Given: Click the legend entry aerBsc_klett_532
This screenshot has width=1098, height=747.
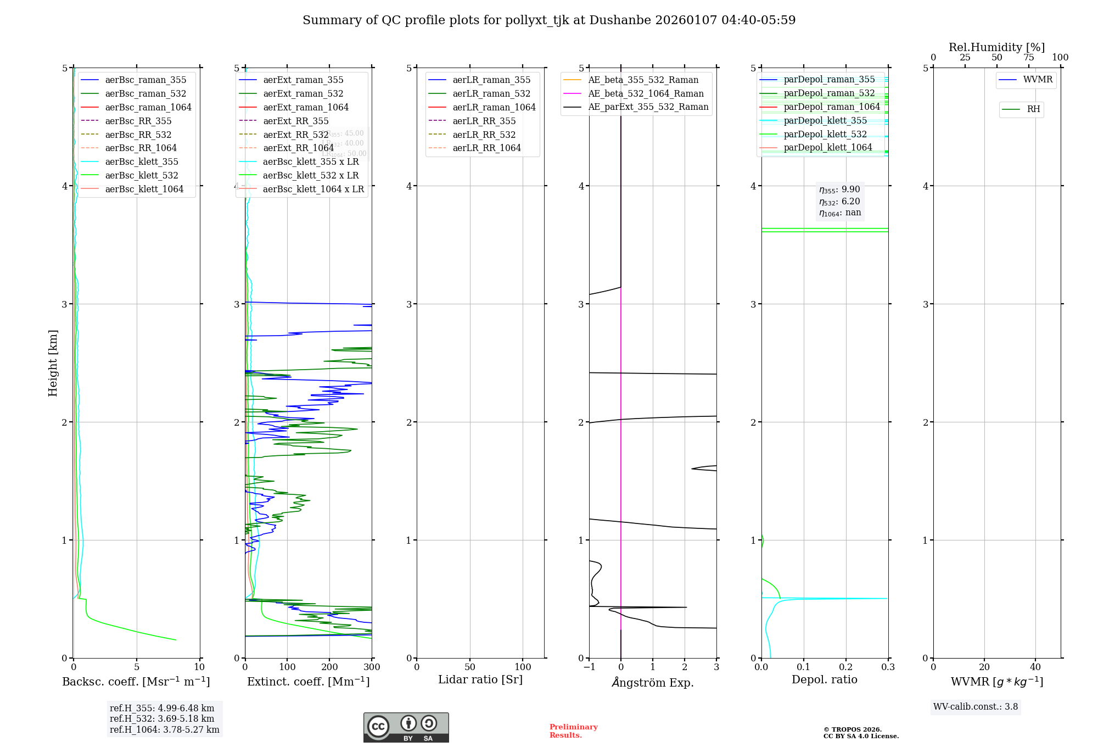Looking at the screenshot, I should (142, 176).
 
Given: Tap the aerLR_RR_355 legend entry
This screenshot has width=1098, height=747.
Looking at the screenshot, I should (484, 121).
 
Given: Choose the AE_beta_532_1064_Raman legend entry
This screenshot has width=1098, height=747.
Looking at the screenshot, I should (646, 94).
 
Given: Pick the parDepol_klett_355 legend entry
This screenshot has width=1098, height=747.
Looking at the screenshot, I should (825, 121).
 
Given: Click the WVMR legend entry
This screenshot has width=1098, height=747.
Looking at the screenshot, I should (1038, 80).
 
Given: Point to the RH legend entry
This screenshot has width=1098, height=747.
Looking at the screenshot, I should (1033, 110).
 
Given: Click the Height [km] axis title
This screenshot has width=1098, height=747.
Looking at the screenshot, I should (53, 363).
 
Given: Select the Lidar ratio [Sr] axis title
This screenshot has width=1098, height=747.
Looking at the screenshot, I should (480, 680).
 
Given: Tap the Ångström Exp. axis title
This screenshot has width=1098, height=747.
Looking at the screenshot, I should (653, 683).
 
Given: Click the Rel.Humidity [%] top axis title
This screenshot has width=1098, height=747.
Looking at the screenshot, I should (996, 47).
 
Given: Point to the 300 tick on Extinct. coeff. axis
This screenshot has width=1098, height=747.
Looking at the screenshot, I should (372, 667).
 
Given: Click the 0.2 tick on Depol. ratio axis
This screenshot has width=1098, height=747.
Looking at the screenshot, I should (846, 667).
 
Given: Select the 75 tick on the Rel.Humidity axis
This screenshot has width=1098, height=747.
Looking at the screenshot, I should (1028, 58).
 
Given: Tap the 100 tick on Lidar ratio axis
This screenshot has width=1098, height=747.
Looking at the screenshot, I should (523, 667).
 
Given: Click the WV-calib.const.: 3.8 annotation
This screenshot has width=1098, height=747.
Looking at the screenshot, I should (976, 707).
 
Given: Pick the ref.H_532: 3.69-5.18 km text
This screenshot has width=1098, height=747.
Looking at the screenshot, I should (162, 718).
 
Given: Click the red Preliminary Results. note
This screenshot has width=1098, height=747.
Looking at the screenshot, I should (573, 731).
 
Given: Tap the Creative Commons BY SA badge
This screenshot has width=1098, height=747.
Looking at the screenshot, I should (406, 727).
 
